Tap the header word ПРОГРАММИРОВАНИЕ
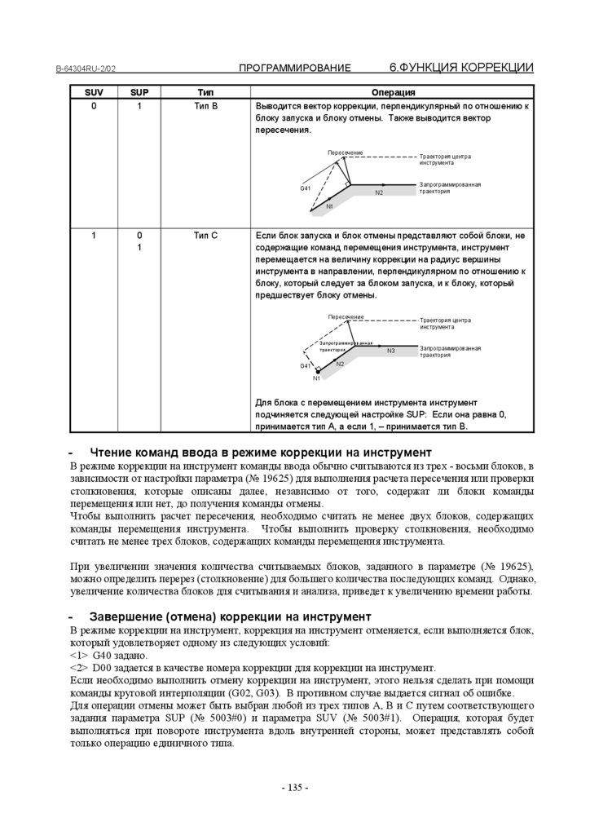pos(295,68)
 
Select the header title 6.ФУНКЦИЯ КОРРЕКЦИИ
pos(461,67)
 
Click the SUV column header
pos(94,92)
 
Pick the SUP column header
pos(139,92)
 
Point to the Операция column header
pos(394,92)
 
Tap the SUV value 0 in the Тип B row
pos(94,106)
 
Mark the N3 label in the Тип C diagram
pos(391,350)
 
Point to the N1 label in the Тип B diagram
pos(329,207)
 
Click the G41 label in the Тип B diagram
pos(306,188)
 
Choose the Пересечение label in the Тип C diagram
pos(346,316)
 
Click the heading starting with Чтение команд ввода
pos(260,452)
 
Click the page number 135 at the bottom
pos(294,787)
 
